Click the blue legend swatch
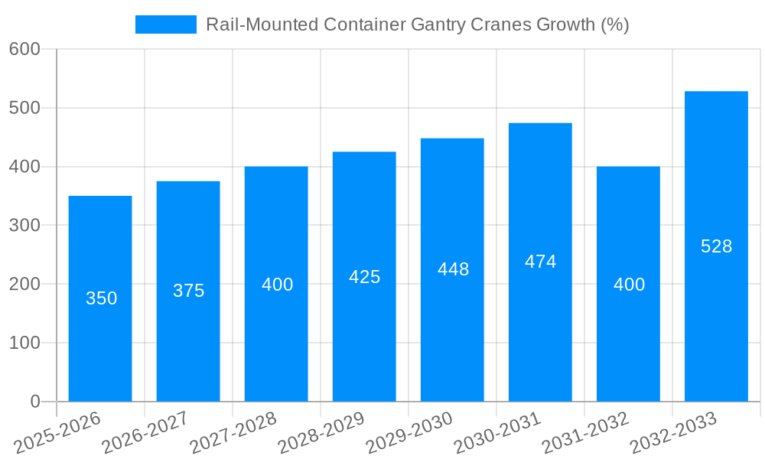pos(165,24)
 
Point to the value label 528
pos(716,246)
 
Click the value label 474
pos(540,262)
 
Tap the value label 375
pos(188,291)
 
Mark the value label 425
pos(364,277)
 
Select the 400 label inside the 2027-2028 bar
pos(277,285)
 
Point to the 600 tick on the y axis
pos(24,49)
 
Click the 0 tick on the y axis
pos(34,402)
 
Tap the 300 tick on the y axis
pos(24,225)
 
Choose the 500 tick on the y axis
pos(24,108)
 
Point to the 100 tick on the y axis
pos(24,343)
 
